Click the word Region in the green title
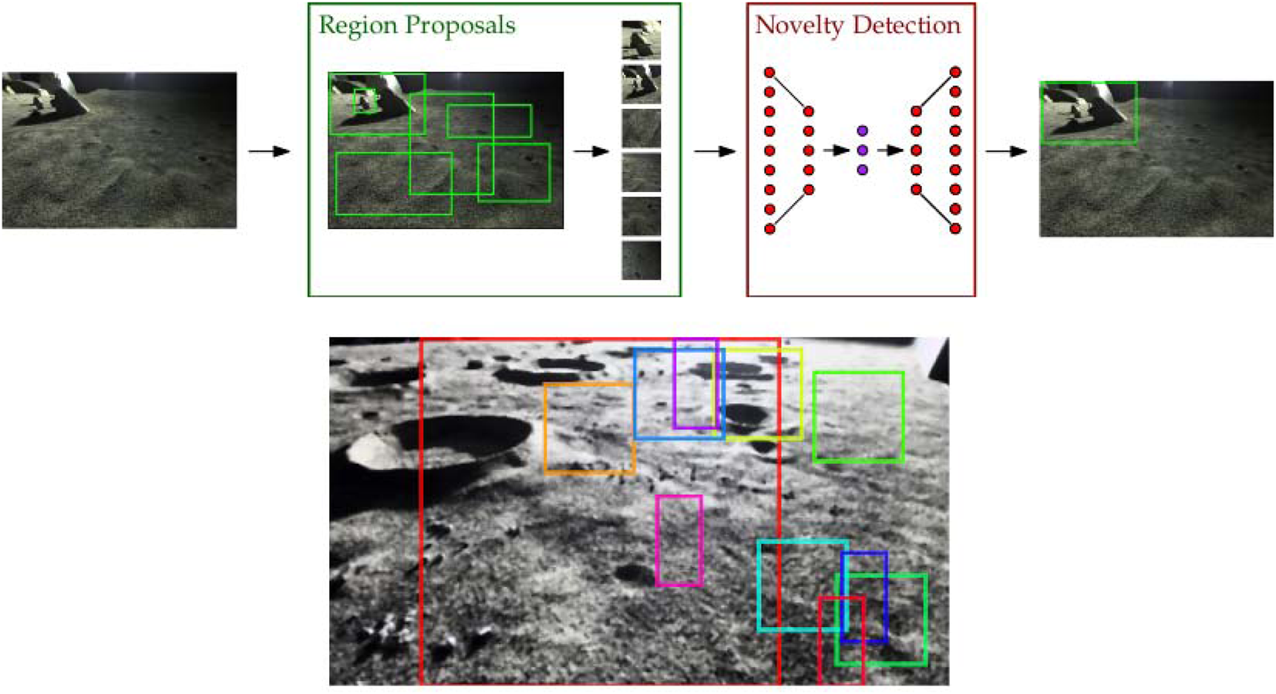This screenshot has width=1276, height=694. click(358, 26)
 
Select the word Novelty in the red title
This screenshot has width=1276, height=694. click(800, 25)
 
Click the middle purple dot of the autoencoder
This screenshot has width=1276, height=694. click(862, 150)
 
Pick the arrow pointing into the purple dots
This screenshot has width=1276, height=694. click(836, 150)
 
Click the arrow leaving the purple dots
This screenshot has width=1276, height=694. click(890, 150)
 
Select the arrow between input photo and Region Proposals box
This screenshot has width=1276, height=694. click(269, 151)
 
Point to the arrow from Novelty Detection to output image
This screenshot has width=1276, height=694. click(1006, 151)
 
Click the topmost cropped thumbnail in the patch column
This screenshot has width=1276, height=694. click(641, 39)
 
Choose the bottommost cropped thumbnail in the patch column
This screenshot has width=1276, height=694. click(641, 261)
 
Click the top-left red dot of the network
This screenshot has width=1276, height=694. click(769, 72)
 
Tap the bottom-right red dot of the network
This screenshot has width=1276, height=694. click(955, 229)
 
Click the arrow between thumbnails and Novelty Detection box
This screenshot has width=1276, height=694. click(715, 151)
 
